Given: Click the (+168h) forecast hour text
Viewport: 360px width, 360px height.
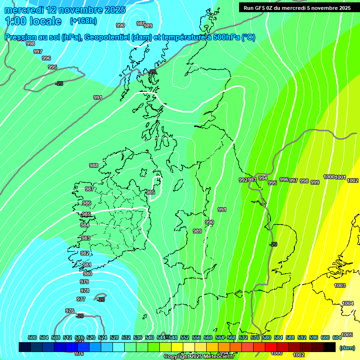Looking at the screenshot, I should click(84, 21).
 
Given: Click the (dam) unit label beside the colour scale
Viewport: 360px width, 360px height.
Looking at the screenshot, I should click(347, 347).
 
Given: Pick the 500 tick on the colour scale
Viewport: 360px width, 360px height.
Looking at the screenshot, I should click(32, 337).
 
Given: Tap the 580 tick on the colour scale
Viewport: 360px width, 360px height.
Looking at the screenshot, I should click(267, 337).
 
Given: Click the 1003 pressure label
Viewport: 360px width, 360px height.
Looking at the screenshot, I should click(340, 285).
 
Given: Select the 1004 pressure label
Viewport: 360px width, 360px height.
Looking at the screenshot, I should click(347, 303).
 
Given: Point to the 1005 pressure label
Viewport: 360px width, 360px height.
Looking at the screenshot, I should click(347, 335).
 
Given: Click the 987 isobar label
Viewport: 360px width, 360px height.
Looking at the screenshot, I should click(89, 189).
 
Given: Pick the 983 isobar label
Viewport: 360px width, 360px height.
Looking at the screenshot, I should click(86, 238).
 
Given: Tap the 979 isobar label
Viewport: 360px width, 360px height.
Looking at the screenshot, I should click(84, 282).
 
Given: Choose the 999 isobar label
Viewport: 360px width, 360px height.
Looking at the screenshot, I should click(315, 182).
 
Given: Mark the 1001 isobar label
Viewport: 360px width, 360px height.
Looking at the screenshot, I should click(340, 177).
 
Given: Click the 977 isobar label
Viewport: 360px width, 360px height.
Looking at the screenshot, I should click(81, 299).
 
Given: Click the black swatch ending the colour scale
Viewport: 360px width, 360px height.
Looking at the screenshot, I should click(330, 347).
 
